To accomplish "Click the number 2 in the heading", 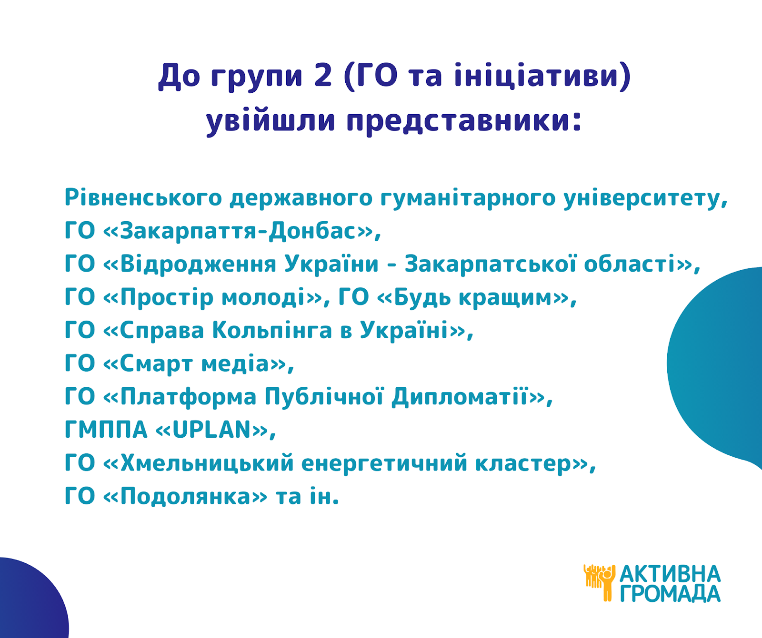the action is (323, 76).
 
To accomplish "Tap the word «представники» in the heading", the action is (464, 121).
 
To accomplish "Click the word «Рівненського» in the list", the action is (143, 198).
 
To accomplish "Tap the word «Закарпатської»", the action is (491, 264).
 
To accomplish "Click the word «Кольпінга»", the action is (272, 330).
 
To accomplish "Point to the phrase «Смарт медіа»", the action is (195, 364).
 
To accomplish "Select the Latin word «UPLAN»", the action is (211, 430).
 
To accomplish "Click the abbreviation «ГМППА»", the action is (106, 430).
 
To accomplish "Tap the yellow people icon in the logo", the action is (600, 582).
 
